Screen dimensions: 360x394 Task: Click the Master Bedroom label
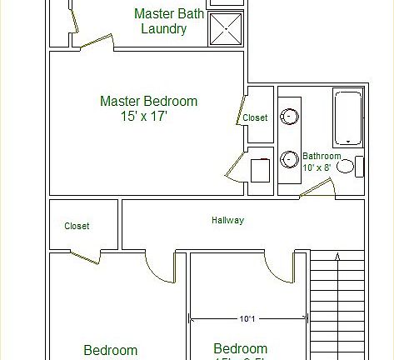(x=148, y=102)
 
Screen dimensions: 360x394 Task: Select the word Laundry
(x=162, y=29)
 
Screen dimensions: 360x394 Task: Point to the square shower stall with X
(x=225, y=29)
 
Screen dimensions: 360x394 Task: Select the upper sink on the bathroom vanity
(x=290, y=117)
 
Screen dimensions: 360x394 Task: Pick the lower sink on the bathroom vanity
(x=290, y=158)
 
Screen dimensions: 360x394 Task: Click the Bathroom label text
(x=322, y=156)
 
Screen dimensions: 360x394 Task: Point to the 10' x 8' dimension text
(x=317, y=167)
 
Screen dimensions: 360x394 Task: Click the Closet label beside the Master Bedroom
(x=255, y=117)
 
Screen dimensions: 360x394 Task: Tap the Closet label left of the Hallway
(x=77, y=226)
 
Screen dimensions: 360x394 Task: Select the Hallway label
(x=227, y=221)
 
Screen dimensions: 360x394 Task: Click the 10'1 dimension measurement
(x=248, y=317)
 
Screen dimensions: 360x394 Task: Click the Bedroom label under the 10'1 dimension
(x=241, y=348)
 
